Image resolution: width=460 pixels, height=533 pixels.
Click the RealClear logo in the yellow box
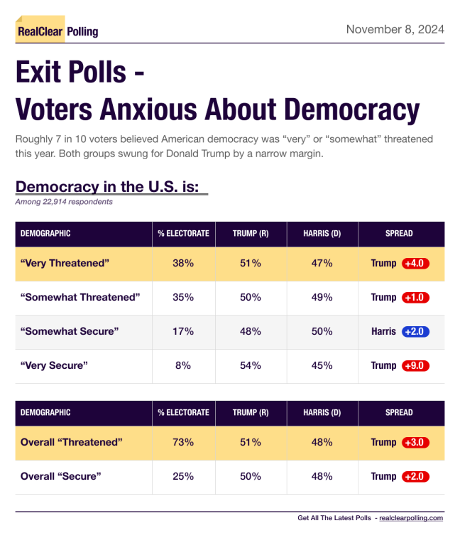pos(40,31)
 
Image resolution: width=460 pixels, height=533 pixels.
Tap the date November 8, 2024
pos(395,29)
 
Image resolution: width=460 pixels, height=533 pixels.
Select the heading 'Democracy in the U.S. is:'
pos(111,187)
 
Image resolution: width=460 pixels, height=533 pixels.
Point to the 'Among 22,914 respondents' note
pos(64,202)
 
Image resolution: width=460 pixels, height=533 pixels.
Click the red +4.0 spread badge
pos(415,263)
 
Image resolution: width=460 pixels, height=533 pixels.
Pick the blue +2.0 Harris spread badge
pos(415,331)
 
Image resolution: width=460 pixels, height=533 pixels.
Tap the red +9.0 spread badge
pos(415,365)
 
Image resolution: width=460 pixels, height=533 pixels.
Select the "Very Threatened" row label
pos(65,263)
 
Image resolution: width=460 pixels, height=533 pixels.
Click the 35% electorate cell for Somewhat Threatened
pos(183,297)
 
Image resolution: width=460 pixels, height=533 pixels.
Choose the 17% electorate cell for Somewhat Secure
pos(183,331)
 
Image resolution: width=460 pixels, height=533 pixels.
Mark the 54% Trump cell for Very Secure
pos(251,365)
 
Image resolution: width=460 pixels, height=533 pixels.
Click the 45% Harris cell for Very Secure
pos(322,365)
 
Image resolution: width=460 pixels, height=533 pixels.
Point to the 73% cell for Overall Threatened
pos(183,442)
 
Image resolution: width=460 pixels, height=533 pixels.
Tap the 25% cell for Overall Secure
pos(183,476)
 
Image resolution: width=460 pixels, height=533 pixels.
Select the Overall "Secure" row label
pos(61,476)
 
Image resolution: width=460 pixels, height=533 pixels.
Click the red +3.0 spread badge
pos(415,442)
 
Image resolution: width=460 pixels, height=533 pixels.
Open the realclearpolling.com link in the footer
pos(411,518)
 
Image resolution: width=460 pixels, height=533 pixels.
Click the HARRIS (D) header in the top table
pos(322,233)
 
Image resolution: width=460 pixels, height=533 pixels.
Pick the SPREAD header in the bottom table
pos(399,412)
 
